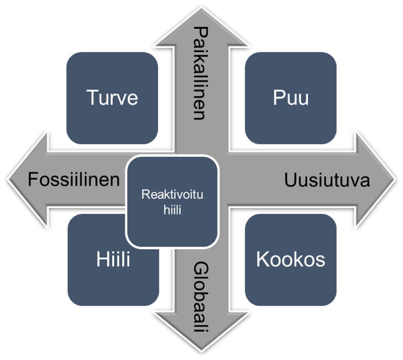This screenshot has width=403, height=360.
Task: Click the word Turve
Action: tap(112, 97)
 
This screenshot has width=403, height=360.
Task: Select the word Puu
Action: tap(290, 97)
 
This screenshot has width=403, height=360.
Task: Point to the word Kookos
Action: tap(290, 260)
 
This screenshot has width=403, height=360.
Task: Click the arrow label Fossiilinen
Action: tap(74, 179)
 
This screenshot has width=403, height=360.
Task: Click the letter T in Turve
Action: tap(92, 97)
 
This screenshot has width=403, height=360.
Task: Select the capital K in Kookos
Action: tap(262, 260)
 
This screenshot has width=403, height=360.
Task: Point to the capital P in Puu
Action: tap(278, 97)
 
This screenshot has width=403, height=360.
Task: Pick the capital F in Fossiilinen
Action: tap(32, 179)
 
